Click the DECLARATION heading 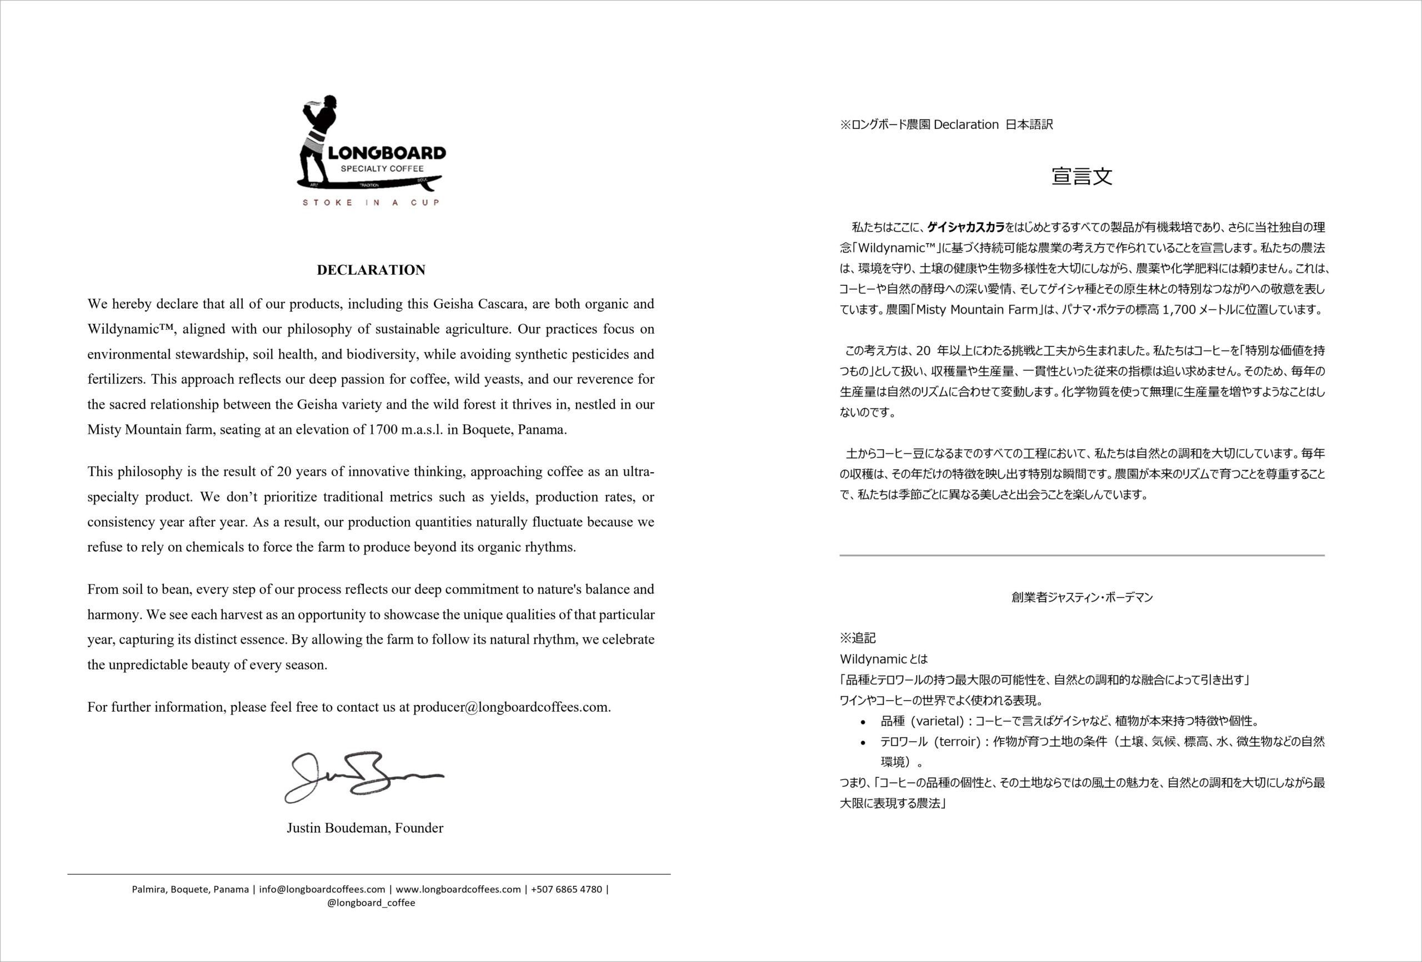click(x=371, y=270)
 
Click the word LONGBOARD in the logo click(x=387, y=153)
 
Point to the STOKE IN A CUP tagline click(x=371, y=203)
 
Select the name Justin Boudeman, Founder click(x=365, y=828)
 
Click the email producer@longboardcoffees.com click(x=511, y=707)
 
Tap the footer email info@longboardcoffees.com click(x=322, y=889)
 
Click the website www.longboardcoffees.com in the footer click(x=458, y=889)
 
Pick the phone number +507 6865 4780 click(x=567, y=889)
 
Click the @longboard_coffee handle click(x=371, y=903)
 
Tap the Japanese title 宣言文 click(x=1082, y=176)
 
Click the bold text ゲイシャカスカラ click(x=966, y=228)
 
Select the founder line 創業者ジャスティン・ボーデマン click(x=1082, y=598)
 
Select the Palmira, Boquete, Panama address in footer click(x=191, y=889)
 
